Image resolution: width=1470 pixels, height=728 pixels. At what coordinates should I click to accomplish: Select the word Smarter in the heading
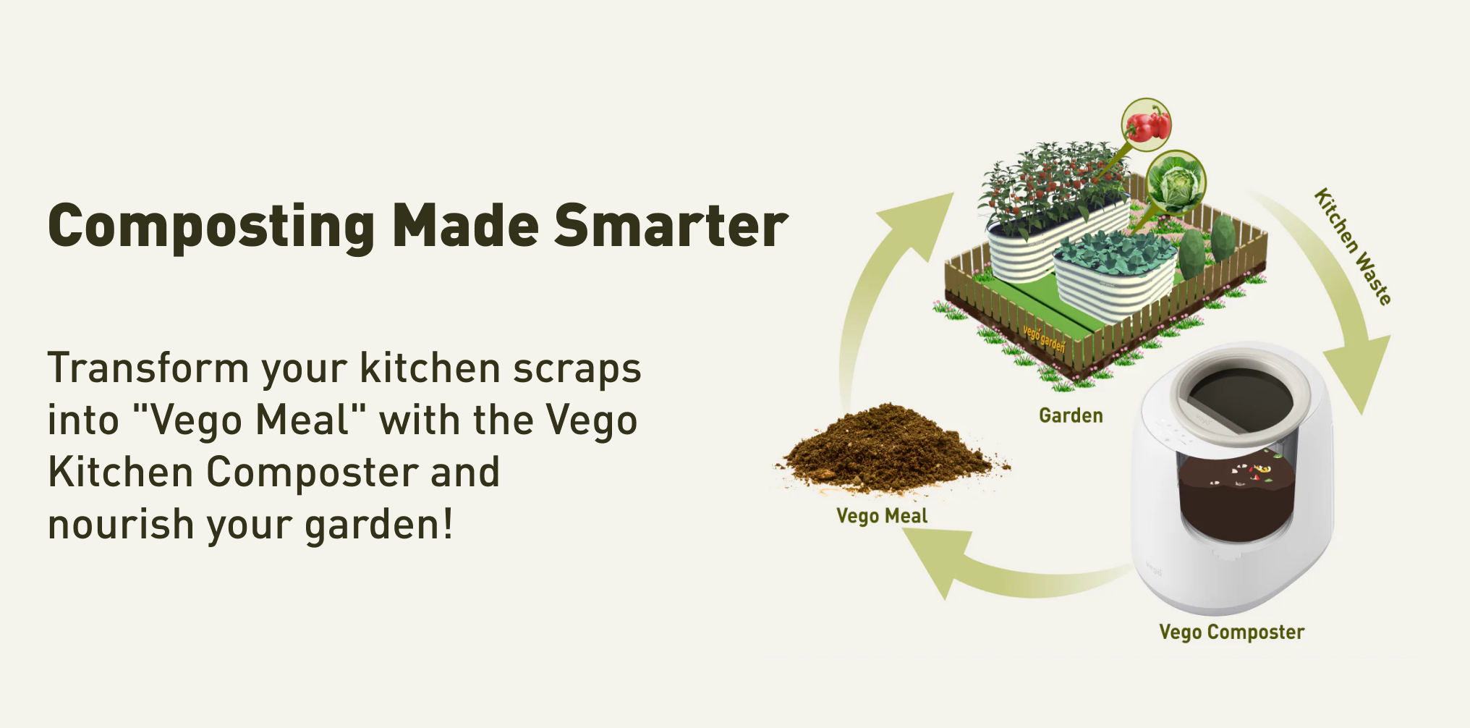671,226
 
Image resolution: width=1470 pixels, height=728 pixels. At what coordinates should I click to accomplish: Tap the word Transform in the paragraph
148,368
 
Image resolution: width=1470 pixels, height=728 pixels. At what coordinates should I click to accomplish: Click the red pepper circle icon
1146,124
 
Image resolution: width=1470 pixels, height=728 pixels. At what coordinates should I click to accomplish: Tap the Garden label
1071,415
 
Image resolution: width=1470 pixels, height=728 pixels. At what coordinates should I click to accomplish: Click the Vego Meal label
882,516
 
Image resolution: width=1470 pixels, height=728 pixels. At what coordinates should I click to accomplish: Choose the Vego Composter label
1231,632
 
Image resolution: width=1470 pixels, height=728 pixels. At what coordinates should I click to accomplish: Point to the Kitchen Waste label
1352,247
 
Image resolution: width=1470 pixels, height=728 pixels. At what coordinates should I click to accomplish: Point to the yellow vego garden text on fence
1044,339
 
